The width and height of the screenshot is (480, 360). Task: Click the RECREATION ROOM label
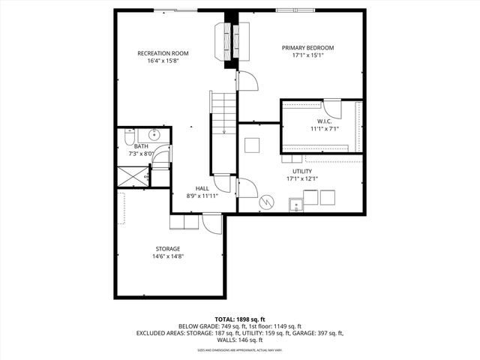163,53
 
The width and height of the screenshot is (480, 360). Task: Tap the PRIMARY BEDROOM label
307,48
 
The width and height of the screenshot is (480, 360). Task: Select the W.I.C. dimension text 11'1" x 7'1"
324,128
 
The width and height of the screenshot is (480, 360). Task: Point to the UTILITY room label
301,171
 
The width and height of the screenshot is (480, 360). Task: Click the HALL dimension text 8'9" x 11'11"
202,196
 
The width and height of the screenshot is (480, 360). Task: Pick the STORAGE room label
168,249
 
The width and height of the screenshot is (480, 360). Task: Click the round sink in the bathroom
154,136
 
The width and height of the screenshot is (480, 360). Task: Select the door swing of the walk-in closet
333,109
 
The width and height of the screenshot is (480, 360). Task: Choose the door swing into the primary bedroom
247,81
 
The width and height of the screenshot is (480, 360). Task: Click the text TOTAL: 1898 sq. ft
239,319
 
